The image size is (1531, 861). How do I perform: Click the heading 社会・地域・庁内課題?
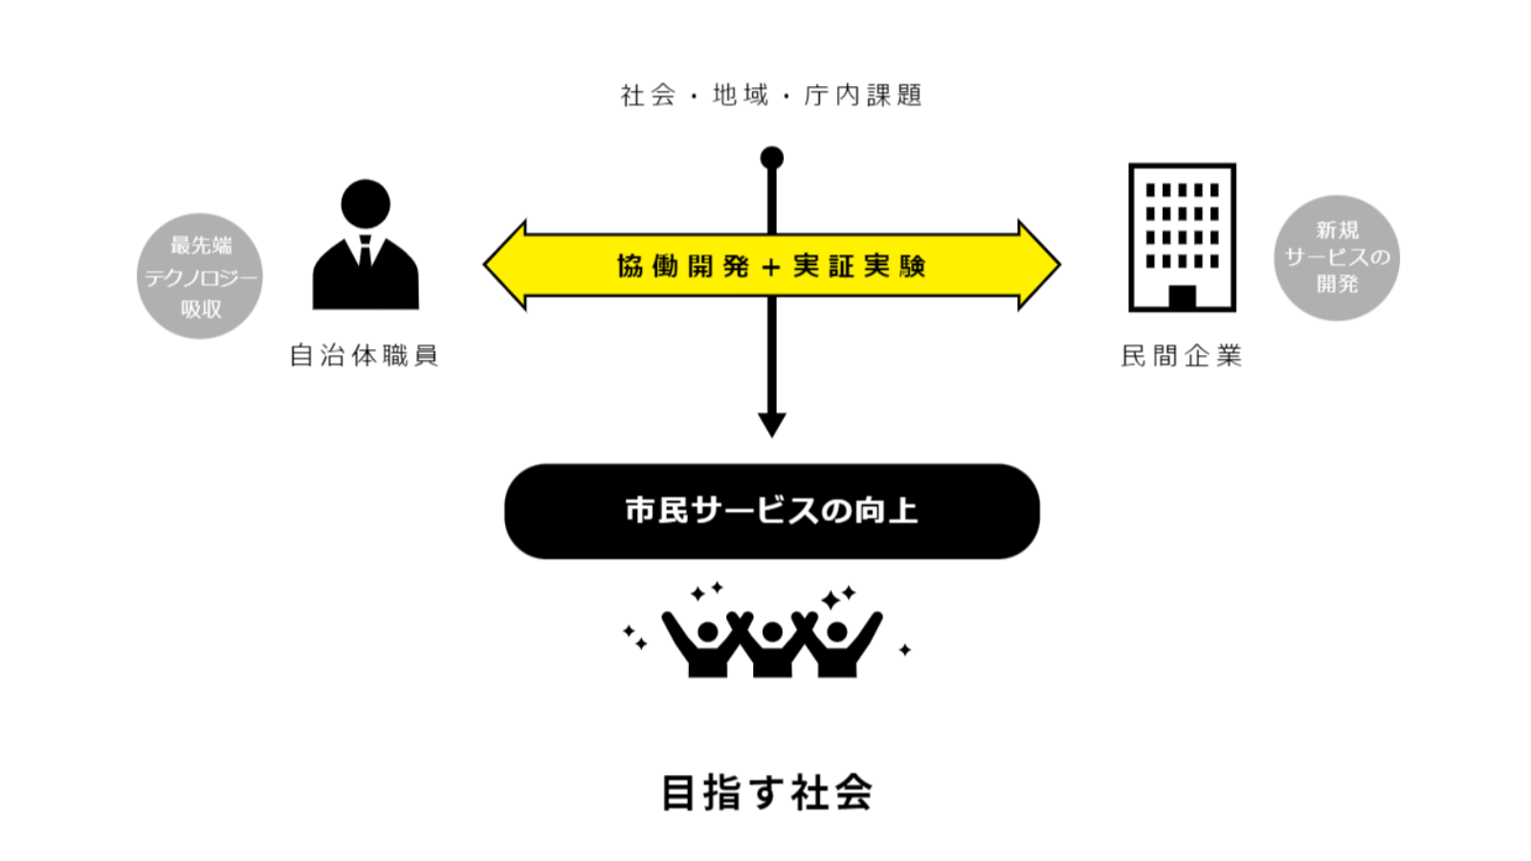coord(770,96)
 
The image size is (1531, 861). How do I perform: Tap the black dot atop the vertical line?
coord(771,158)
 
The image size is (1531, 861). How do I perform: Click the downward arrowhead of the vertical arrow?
coord(771,424)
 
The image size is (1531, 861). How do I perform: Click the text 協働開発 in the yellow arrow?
coord(682,266)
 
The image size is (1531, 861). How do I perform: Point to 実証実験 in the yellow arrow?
coord(858,266)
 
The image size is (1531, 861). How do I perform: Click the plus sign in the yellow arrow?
coord(771,267)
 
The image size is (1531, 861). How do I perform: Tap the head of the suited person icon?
coord(365,204)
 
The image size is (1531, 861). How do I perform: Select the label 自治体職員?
coord(364,356)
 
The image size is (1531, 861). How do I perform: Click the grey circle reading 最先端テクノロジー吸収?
coord(200,276)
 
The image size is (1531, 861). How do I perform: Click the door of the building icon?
coord(1182,297)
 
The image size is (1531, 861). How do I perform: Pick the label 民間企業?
coord(1182,356)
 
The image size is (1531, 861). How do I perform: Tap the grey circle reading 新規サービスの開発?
coord(1337,257)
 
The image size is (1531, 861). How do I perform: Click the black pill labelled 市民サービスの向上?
coord(771,511)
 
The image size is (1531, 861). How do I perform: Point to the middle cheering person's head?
coord(771,631)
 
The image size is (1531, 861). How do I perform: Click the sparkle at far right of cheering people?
coord(904,650)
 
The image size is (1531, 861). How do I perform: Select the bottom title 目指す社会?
coord(766,793)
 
